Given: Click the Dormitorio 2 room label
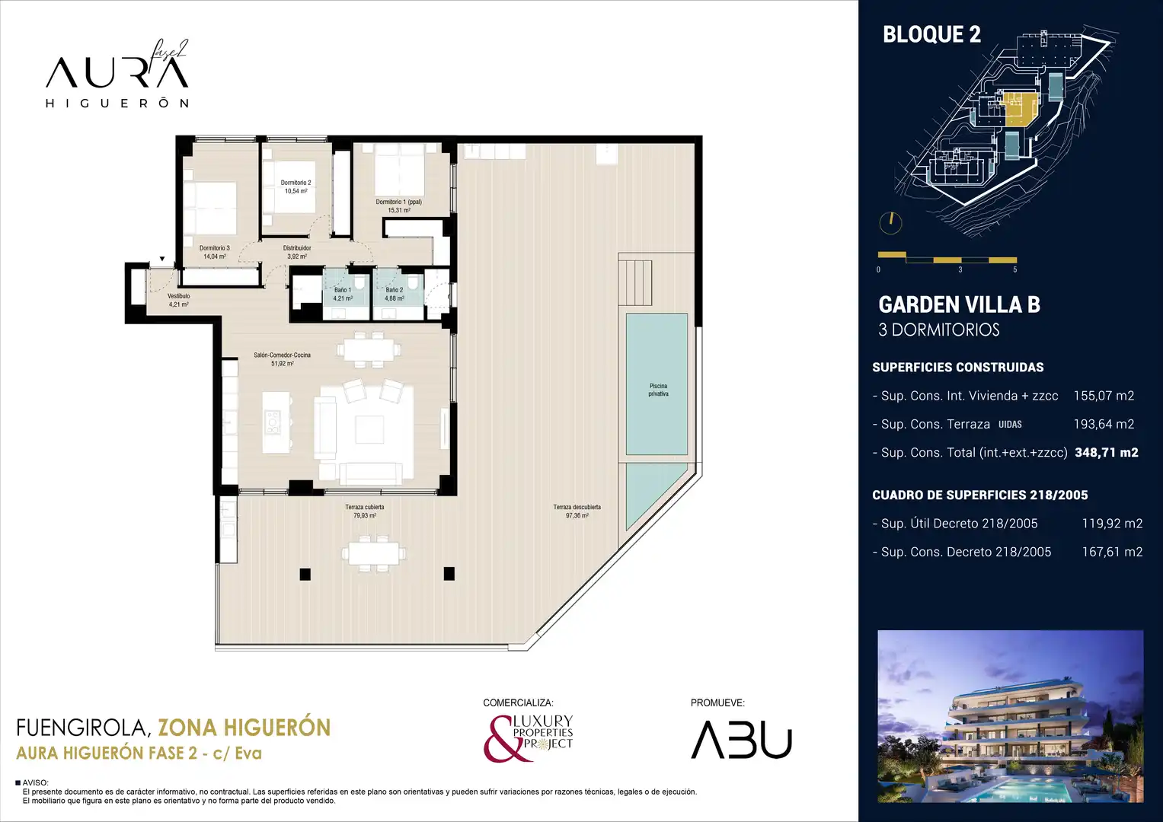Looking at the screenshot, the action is click(x=296, y=183).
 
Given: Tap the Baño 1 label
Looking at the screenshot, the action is click(x=343, y=290).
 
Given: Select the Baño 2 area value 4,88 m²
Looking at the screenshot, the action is click(x=394, y=299).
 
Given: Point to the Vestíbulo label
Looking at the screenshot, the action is click(x=179, y=296).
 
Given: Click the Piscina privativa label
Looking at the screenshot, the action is click(x=658, y=390).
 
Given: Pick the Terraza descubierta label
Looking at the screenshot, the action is click(x=577, y=507).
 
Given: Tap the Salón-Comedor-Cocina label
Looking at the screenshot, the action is click(x=282, y=355).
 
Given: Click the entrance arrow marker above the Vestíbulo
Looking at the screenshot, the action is click(x=162, y=259).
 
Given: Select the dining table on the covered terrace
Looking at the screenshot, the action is click(x=374, y=554).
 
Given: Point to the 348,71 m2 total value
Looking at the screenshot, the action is click(x=1107, y=453).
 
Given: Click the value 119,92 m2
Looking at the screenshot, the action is click(x=1112, y=523).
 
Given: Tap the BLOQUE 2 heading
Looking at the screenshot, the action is click(x=932, y=34).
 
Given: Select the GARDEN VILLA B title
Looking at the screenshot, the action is click(x=960, y=304).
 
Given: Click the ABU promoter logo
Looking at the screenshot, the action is click(x=741, y=740).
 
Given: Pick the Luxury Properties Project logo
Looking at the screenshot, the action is click(x=528, y=738).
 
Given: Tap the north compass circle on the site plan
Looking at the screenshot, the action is click(x=890, y=223).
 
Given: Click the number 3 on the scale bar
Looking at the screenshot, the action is click(x=960, y=270).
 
